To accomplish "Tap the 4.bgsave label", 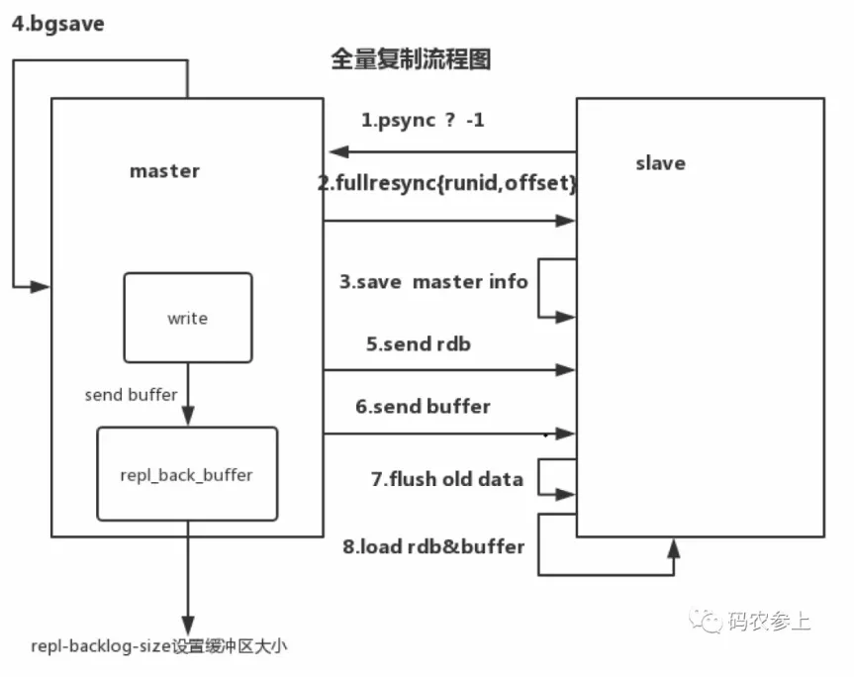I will tap(57, 23).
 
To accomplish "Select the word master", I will tap(164, 170).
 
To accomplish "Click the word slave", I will tap(660, 162).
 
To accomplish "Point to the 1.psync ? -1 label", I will tap(423, 120).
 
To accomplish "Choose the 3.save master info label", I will tap(433, 281).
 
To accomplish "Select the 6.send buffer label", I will tap(423, 406).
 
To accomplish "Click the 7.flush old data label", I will tap(446, 479).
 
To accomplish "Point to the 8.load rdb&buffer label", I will tap(433, 545).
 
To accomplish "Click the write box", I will tap(187, 318).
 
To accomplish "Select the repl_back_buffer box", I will tap(187, 474).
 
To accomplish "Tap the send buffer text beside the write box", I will tap(131, 395).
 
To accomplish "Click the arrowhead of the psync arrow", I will tap(336, 151).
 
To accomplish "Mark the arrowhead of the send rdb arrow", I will tap(568, 369).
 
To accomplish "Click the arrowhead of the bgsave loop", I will tap(43, 286).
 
